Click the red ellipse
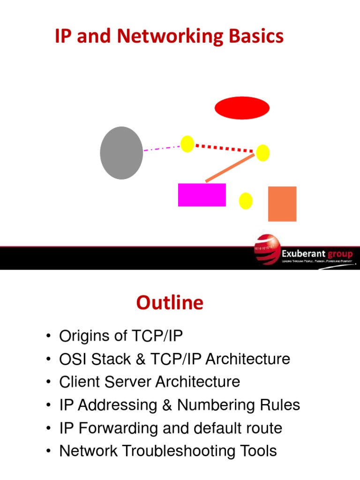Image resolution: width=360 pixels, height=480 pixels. tap(242, 108)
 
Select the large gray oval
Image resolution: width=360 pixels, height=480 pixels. tap(121, 153)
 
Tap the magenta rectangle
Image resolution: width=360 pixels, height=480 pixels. tap(202, 195)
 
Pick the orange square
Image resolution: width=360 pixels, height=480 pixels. tap(282, 204)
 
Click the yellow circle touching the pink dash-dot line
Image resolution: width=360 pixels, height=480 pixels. tap(187, 144)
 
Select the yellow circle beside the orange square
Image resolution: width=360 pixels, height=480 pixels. tap(246, 201)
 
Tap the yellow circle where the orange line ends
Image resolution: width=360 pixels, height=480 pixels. tap(262, 153)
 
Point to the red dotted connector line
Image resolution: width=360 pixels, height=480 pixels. tap(224, 148)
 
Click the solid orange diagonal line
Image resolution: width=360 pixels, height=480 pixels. tap(230, 168)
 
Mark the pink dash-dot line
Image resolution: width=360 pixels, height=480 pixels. tap(162, 148)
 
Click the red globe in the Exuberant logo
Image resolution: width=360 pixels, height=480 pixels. tap(267, 250)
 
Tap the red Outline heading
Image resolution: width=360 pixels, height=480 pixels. tap(170, 303)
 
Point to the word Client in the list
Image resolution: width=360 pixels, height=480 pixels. tap(78, 382)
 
